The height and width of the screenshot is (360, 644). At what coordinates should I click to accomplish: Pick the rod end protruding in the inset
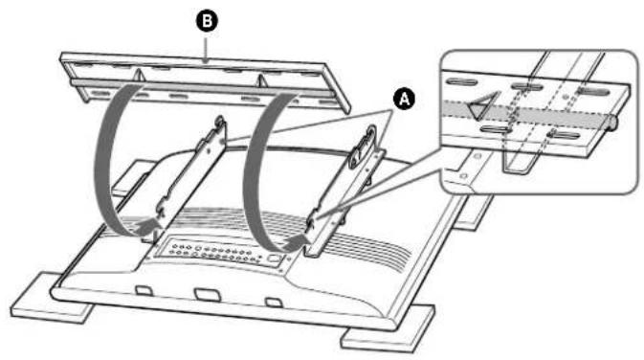[611, 121]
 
